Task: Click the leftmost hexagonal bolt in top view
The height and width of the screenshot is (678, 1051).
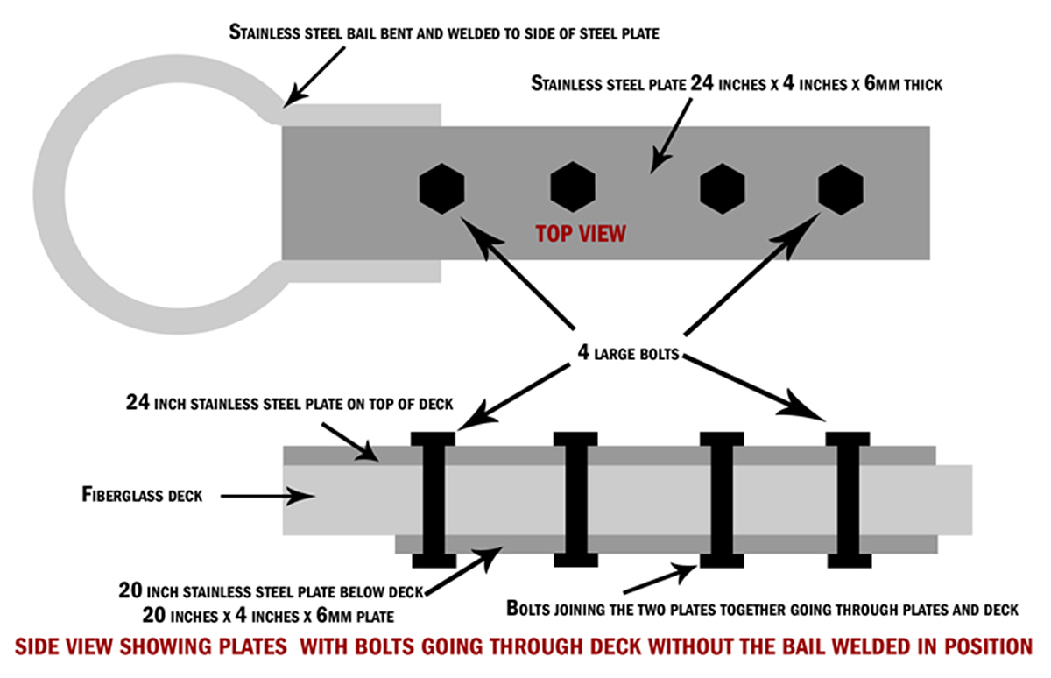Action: coord(441,188)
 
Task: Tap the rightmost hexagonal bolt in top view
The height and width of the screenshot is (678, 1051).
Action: coord(840,188)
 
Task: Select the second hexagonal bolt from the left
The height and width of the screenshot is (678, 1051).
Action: coord(573,188)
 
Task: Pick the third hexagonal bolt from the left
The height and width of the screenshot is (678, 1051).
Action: coord(723,188)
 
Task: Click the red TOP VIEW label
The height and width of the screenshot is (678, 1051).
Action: coord(581,235)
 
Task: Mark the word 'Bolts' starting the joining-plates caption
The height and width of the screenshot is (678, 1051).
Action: coord(530,609)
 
